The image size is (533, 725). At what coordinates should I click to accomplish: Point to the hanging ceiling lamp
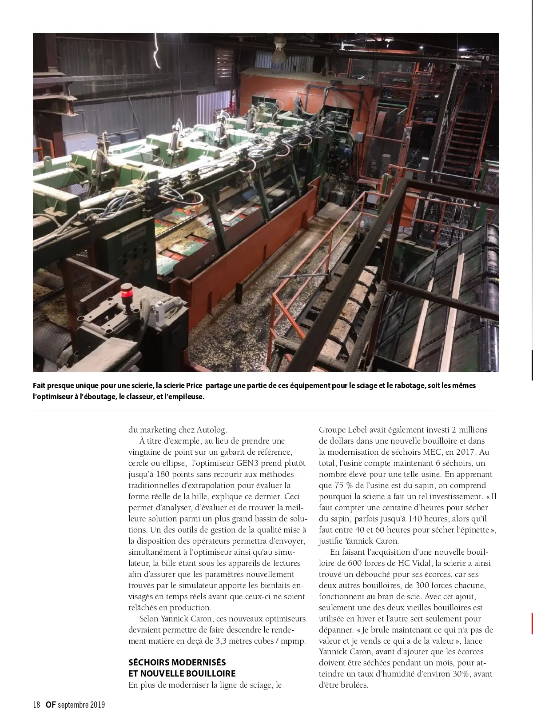pyautogui.click(x=278, y=50)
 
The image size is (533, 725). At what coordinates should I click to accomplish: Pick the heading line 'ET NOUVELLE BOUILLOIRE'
pyautogui.click(x=182, y=673)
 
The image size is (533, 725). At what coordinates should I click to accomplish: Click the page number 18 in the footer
pyautogui.click(x=36, y=705)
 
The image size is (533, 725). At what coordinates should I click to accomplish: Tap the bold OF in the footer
pyautogui.click(x=50, y=705)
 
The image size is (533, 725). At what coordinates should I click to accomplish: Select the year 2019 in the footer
pyautogui.click(x=98, y=705)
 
